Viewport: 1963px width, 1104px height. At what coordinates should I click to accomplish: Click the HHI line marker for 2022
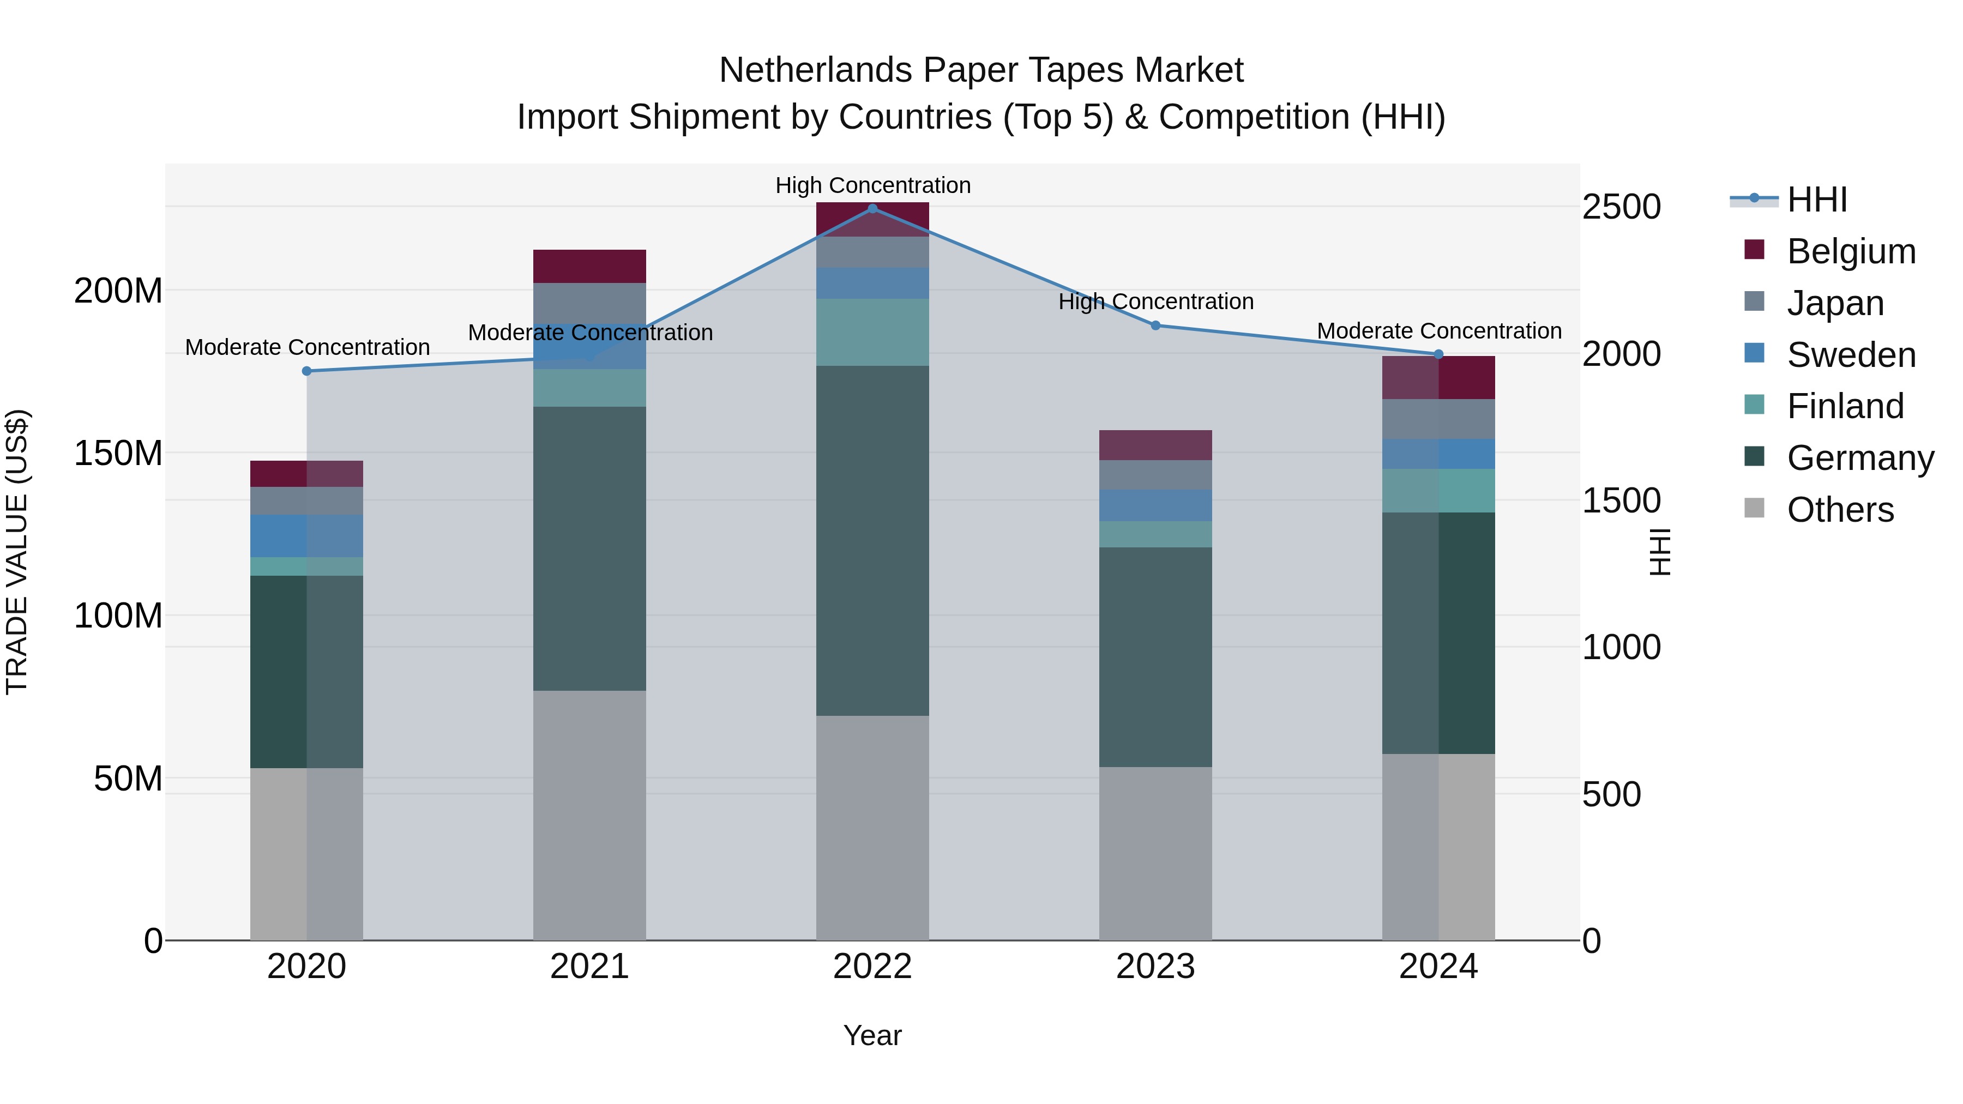point(872,208)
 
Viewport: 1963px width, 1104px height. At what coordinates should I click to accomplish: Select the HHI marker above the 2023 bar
point(1155,325)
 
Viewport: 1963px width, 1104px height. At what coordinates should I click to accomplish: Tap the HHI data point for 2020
point(306,371)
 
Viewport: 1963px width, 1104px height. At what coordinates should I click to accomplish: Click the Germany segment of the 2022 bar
point(872,540)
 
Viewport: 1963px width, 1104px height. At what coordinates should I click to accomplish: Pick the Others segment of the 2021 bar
point(589,815)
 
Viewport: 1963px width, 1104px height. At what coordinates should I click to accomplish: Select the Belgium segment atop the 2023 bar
point(1155,445)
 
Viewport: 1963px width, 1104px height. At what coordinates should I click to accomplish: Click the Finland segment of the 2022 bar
point(872,332)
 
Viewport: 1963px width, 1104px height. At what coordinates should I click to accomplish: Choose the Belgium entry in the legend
point(1850,251)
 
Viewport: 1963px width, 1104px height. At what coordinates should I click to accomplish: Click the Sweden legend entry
point(1850,355)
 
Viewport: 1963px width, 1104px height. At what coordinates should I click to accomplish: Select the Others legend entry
point(1840,510)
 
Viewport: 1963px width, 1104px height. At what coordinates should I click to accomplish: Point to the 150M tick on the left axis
point(118,454)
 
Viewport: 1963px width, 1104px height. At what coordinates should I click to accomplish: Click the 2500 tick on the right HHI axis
point(1621,207)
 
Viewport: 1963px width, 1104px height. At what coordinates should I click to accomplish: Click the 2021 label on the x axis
point(589,967)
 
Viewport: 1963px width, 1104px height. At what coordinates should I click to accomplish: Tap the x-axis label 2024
point(1438,967)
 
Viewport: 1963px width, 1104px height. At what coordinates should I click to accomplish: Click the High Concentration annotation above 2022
point(872,185)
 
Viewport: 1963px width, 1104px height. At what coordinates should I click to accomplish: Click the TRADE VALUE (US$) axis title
point(17,552)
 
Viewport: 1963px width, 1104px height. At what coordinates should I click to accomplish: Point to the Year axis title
point(872,1035)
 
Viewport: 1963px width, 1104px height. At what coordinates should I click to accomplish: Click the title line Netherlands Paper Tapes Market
point(981,70)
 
